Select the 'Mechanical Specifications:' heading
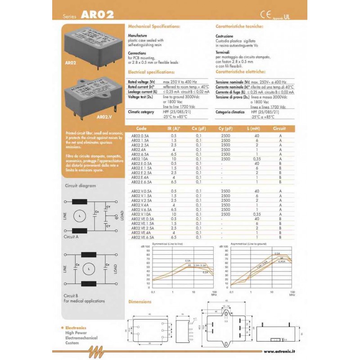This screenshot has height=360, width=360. [154, 27]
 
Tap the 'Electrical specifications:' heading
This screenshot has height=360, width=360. [151, 72]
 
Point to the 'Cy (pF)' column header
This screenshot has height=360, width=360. [225, 128]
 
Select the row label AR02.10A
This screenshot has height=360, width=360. [139, 159]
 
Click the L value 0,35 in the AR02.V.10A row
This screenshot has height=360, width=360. [257, 214]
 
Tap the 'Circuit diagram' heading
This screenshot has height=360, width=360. [81, 185]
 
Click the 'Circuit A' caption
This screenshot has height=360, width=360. [72, 236]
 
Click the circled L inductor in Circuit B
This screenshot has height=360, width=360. [89, 269]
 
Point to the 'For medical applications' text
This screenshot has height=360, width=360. [84, 301]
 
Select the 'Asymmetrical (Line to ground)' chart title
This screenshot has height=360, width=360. [248, 243]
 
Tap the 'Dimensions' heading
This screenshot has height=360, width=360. [140, 301]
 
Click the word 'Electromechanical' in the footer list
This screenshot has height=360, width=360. [81, 338]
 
